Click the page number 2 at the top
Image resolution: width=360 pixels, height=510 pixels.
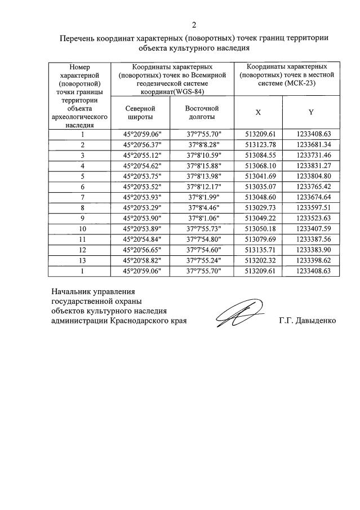point(194,25)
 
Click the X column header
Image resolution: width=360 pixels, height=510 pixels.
point(258,112)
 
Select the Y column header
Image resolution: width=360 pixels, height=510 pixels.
point(310,112)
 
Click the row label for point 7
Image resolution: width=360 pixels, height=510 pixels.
point(82,197)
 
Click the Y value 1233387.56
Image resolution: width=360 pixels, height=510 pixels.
point(310,239)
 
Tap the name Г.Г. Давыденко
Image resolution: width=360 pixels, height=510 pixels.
point(307,321)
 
